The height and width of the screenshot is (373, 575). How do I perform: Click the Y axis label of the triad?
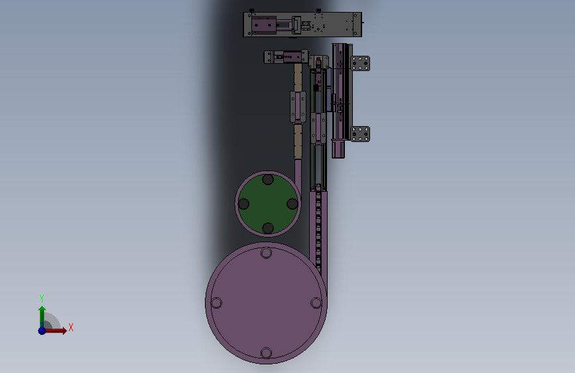42,298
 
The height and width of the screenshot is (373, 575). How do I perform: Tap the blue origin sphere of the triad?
42,331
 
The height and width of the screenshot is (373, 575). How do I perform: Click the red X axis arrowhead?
64,331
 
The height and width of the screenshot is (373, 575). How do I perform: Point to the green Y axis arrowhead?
42,309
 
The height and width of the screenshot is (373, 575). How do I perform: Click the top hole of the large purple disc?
266,253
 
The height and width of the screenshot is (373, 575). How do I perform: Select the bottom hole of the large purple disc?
266,353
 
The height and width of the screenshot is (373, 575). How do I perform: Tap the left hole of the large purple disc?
216,303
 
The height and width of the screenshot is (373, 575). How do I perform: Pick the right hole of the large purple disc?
316,303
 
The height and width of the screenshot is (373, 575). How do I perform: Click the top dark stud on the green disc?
268,180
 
